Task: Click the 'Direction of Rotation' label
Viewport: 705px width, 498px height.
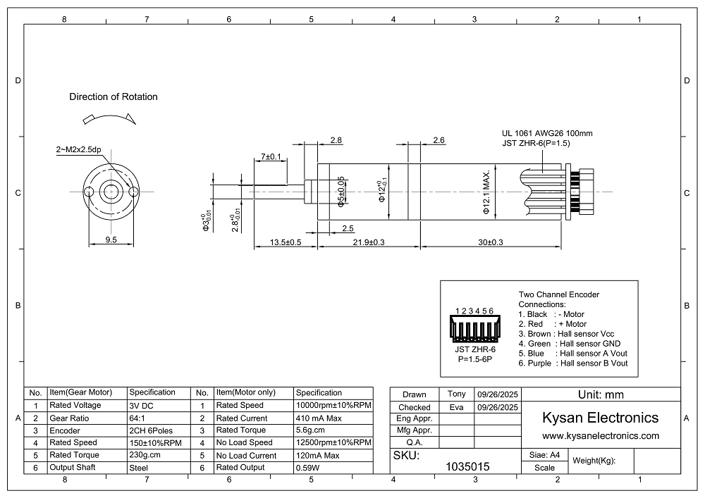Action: click(x=114, y=97)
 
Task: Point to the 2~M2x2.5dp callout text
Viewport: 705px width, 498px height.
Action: click(x=78, y=150)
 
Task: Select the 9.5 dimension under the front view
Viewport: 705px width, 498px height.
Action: click(x=111, y=239)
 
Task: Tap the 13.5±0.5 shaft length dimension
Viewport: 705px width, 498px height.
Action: click(x=286, y=242)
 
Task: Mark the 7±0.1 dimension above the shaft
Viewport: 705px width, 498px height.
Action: click(x=271, y=156)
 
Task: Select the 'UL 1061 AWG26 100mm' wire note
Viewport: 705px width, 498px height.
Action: click(x=547, y=133)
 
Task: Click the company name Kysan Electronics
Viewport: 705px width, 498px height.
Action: click(x=600, y=418)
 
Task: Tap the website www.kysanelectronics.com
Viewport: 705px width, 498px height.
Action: click(x=600, y=436)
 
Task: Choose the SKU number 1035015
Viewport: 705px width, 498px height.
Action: click(x=469, y=466)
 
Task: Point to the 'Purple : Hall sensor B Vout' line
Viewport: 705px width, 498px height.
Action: click(x=572, y=363)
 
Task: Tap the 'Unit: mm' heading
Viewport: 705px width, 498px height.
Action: click(x=600, y=395)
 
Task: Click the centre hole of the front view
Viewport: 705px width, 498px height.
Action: click(x=111, y=192)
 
